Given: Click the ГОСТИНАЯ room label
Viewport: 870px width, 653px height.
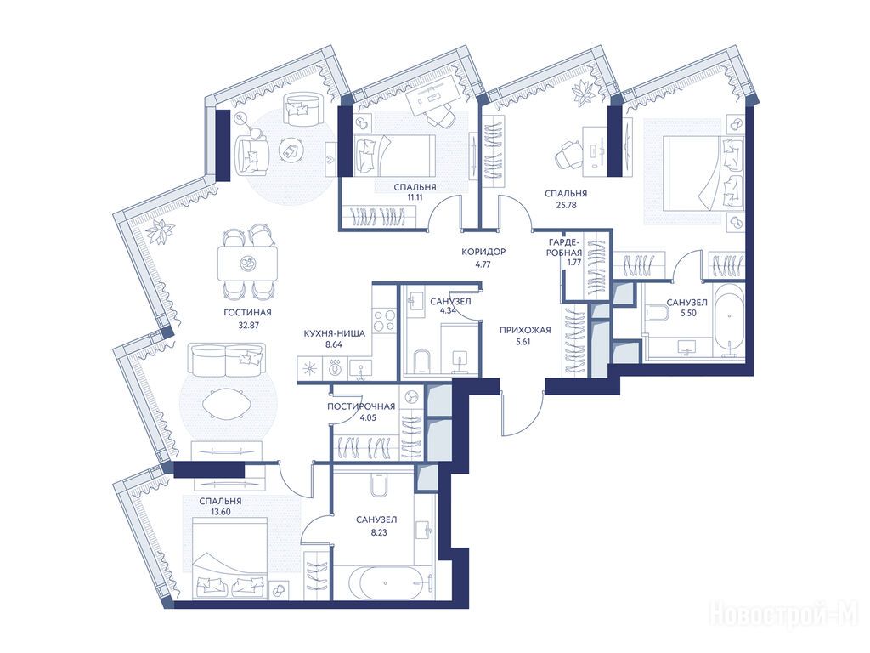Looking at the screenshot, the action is click(x=247, y=313).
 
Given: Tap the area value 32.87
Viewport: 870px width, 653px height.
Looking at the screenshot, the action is click(x=249, y=326).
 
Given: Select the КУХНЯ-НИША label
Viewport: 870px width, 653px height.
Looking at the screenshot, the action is click(x=334, y=333).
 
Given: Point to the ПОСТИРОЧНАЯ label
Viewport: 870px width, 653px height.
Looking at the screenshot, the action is click(x=360, y=406).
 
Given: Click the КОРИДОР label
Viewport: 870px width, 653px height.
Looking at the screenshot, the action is click(x=483, y=252).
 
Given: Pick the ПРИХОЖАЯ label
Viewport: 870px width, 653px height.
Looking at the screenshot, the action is click(x=525, y=330).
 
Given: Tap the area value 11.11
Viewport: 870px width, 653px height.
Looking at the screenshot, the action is click(x=415, y=196).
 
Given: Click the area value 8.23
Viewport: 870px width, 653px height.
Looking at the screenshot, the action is click(x=376, y=532).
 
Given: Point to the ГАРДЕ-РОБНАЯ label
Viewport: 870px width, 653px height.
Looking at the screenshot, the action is click(x=565, y=247).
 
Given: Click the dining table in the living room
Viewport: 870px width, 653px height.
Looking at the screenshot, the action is click(x=247, y=264).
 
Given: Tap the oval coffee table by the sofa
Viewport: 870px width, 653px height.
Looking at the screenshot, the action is click(x=228, y=404).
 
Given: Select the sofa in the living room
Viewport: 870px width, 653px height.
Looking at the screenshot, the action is click(x=226, y=360).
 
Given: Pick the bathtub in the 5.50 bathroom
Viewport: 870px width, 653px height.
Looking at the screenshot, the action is click(x=728, y=321).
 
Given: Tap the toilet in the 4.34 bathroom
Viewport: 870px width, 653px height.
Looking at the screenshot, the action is click(x=421, y=361).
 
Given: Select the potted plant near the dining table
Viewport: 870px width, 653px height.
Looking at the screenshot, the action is click(x=160, y=230).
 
